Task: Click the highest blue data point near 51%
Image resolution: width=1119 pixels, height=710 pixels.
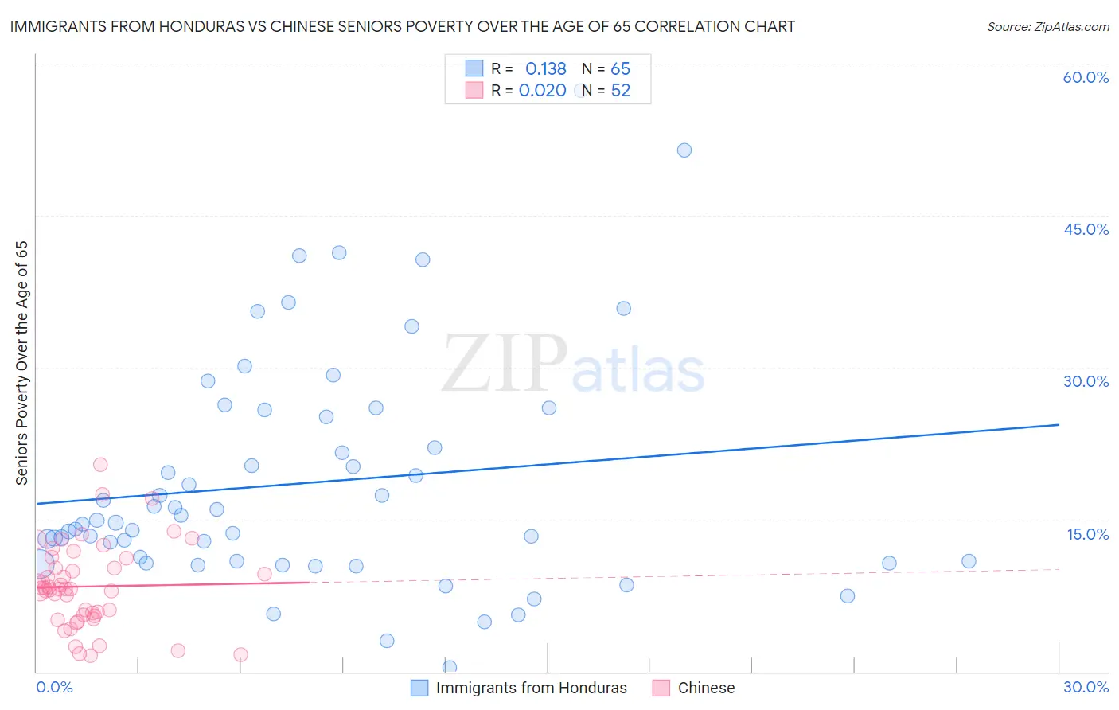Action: coord(684,150)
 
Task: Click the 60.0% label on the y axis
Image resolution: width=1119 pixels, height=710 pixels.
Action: coord(1086,77)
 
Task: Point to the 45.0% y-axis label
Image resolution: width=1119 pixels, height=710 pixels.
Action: coord(1086,229)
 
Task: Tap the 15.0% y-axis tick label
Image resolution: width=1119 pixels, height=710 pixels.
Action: coord(1087,534)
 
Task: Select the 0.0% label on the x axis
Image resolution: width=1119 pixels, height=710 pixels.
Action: coord(54,687)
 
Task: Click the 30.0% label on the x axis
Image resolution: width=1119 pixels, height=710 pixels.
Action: coord(1086,687)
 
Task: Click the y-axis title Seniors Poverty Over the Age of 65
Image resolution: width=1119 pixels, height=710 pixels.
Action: coord(21,363)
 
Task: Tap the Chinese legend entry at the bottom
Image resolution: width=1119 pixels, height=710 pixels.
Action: coord(705,688)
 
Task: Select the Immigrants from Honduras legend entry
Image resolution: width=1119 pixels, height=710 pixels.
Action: coord(531,688)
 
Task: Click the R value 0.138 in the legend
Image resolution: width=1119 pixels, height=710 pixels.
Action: coord(545,68)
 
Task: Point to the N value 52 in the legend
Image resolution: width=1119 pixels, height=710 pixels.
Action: coord(620,91)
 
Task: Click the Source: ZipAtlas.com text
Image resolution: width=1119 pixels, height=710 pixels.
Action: coord(1047,26)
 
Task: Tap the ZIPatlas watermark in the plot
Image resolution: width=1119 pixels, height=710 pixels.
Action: coord(573,365)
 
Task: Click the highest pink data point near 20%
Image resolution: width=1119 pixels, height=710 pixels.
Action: coord(100,465)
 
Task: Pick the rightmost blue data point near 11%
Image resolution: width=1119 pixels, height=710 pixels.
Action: coord(969,561)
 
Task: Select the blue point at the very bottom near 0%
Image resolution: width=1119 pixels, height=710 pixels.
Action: coord(450,667)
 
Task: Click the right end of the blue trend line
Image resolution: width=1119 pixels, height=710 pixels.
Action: coord(1059,425)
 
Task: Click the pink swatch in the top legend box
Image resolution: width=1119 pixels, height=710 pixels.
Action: coord(474,90)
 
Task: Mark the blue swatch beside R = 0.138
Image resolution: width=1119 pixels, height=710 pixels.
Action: coord(474,68)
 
